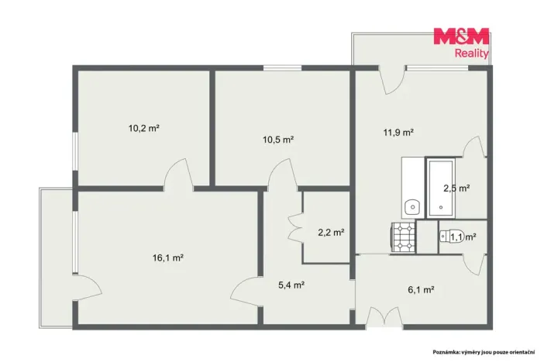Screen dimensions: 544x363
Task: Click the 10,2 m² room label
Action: tap(143, 128)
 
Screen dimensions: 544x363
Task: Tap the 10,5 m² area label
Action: tap(278, 140)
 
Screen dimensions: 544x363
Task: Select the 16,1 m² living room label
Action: tap(168, 258)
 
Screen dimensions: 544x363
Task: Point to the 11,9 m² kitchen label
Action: tap(398, 132)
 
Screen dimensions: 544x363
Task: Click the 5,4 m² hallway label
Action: tap(291, 285)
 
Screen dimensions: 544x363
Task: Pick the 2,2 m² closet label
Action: tap(331, 232)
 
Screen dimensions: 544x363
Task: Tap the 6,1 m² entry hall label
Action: tap(422, 289)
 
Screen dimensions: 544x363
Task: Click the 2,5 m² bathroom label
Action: tap(456, 188)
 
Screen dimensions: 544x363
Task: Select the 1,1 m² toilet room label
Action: tap(463, 237)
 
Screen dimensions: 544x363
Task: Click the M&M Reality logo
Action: tap(461, 43)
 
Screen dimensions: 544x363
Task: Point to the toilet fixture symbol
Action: tap(450, 237)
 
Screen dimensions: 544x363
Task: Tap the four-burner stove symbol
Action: tap(404, 237)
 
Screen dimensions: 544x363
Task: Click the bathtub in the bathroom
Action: tap(441, 188)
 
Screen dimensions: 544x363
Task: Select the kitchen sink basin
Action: tap(412, 207)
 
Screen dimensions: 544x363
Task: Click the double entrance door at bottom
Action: tap(384, 316)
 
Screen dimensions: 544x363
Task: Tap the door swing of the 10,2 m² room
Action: tap(178, 173)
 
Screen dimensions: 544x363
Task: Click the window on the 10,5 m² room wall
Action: tap(282, 67)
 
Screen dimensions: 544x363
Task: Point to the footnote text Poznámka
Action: tap(445, 352)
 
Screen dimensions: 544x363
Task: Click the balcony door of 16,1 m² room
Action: tap(88, 288)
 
